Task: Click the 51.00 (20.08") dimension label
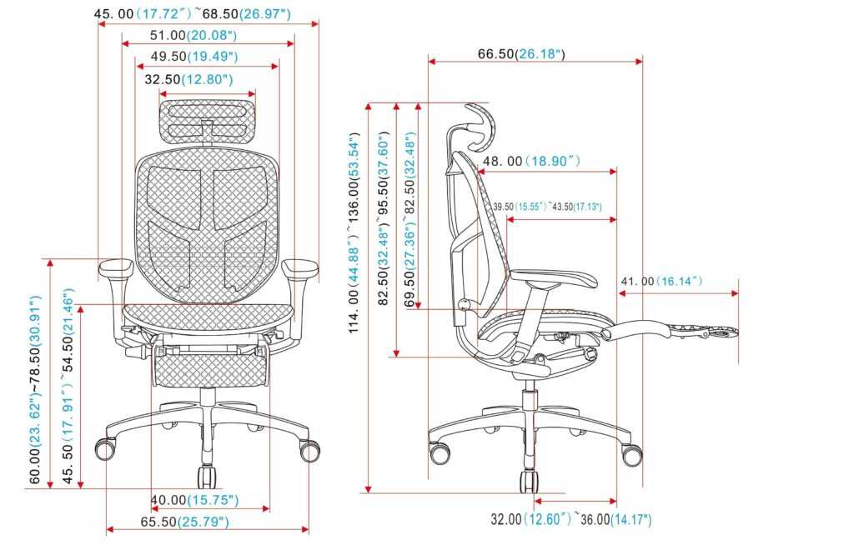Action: (x=193, y=35)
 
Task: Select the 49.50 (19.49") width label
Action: (x=194, y=57)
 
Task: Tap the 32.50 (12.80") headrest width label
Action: (x=188, y=79)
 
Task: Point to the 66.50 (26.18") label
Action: (x=521, y=54)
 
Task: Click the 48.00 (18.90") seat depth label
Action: (x=531, y=161)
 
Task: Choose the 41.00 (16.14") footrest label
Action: (x=661, y=282)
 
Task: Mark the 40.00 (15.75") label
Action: (x=194, y=499)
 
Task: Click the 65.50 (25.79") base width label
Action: (x=184, y=522)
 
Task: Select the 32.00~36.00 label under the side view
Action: (x=570, y=519)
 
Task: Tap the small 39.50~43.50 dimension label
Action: (x=547, y=207)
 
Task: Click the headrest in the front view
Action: (x=208, y=121)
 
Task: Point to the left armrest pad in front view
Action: (x=116, y=267)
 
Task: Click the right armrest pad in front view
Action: (x=299, y=267)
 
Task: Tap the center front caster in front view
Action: (x=207, y=477)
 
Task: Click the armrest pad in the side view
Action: (x=555, y=278)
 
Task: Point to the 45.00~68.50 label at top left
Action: (x=193, y=13)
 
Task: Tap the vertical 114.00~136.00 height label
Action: (x=354, y=232)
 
